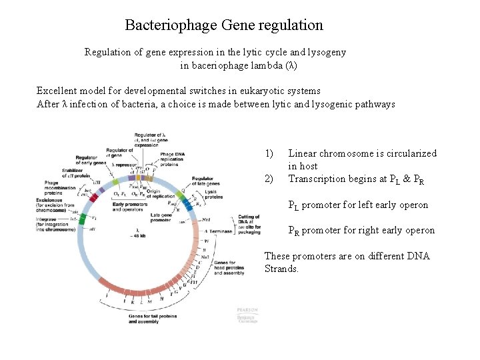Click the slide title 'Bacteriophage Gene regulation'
point(224,26)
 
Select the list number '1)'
point(269,153)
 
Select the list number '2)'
point(269,179)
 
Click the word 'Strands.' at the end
point(281,269)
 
